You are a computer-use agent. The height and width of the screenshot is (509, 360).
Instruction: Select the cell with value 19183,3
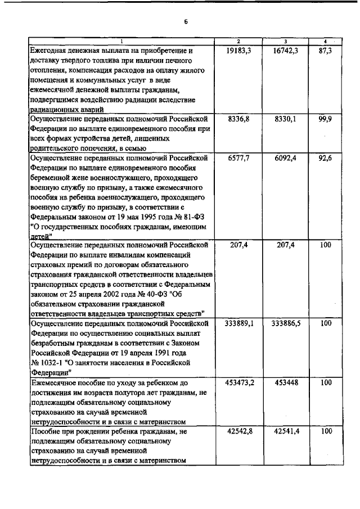coord(238,50)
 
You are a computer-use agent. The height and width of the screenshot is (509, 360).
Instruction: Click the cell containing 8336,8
coord(238,119)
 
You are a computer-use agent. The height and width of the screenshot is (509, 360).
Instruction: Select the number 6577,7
coord(238,159)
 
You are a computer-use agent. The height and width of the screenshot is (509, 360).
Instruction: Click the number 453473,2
coord(238,382)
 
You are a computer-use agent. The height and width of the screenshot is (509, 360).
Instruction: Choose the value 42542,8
coord(238,432)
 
